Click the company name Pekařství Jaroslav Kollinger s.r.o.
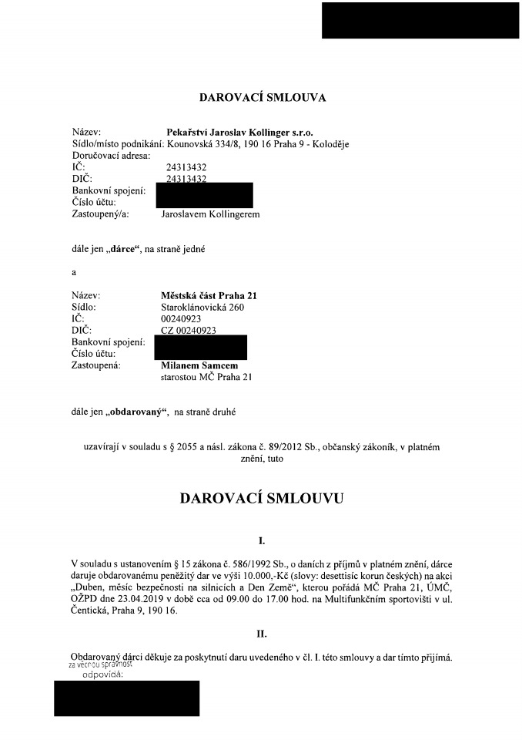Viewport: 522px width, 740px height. click(x=239, y=133)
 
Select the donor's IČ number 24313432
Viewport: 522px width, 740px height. click(x=186, y=166)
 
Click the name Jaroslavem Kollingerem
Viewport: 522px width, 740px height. click(x=210, y=214)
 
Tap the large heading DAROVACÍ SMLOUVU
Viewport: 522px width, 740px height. click(x=262, y=498)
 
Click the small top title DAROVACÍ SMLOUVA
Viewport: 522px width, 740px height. click(x=263, y=98)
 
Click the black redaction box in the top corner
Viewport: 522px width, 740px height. click(x=420, y=21)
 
